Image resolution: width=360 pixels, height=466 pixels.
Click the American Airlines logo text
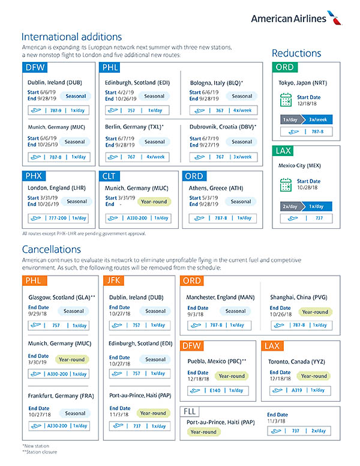click(289, 18)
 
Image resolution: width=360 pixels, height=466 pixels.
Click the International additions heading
click(71, 37)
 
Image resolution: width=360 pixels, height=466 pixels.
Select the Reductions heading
click(296, 53)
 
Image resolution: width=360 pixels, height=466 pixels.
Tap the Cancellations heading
click(52, 249)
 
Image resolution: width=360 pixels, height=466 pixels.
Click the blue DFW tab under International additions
click(35, 67)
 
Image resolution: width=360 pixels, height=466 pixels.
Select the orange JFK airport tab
click(115, 280)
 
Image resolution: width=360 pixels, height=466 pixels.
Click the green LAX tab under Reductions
click(283, 151)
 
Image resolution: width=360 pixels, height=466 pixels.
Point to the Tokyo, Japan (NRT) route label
click(304, 82)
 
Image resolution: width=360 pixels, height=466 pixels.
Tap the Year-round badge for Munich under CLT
click(154, 202)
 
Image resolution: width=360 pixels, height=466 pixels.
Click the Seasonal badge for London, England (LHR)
click(77, 202)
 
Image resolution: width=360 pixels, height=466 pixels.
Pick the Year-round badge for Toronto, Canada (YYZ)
click(314, 376)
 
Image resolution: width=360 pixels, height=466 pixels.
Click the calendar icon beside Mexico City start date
click(286, 184)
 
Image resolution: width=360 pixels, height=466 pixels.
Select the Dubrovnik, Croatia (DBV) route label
click(223, 127)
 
